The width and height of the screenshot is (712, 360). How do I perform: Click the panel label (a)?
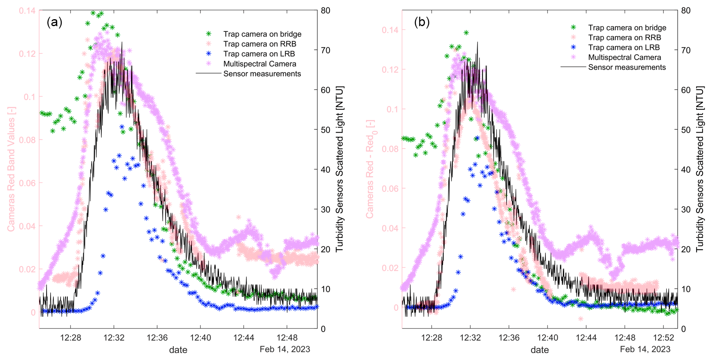[54, 22]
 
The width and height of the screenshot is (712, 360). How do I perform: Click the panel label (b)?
[422, 22]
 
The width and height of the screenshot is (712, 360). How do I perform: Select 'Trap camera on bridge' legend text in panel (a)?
[262, 34]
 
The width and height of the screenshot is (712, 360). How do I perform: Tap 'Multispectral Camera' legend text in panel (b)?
[624, 58]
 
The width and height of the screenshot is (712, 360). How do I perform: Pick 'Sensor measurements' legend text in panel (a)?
[262, 74]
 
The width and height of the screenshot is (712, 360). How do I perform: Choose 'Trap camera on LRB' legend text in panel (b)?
[624, 48]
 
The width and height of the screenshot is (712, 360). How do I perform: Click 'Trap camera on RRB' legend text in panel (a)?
[260, 44]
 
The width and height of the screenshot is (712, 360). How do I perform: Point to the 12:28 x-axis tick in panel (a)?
[71, 338]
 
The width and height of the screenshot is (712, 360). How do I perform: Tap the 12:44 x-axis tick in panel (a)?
[244, 338]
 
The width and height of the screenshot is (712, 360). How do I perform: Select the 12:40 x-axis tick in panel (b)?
[547, 338]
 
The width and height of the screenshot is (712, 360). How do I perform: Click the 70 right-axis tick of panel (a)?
[325, 51]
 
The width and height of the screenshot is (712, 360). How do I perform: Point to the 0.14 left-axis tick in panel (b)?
[390, 30]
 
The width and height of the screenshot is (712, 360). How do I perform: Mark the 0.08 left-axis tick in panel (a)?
[27, 140]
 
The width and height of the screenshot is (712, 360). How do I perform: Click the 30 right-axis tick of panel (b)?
[686, 210]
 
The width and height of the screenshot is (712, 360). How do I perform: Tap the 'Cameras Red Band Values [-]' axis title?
[11, 169]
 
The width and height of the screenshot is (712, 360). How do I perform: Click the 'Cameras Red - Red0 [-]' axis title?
[371, 169]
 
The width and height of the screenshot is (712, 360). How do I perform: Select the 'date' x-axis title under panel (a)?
[178, 350]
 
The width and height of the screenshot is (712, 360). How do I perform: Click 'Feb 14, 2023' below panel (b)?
[645, 349]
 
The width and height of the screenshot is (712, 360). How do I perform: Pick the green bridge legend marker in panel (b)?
[573, 27]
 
